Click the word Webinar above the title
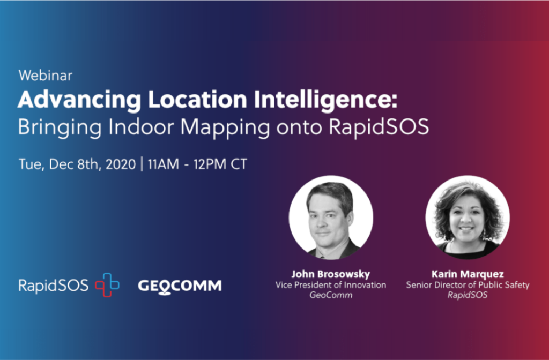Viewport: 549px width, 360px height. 45,76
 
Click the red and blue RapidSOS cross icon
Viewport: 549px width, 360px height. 107,285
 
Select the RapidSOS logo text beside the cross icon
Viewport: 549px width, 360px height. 53,286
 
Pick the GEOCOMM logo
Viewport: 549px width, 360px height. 180,286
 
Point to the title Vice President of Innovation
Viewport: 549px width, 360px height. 331,284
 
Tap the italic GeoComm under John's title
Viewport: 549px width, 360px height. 331,295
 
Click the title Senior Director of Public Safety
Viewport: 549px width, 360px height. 468,284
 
